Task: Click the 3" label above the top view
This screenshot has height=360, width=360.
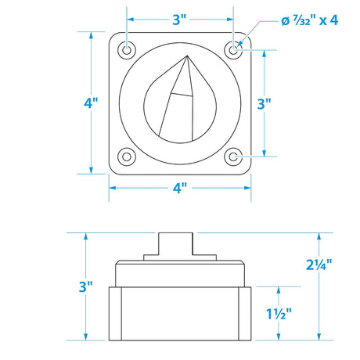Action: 180,18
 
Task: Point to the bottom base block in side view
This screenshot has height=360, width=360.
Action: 180,313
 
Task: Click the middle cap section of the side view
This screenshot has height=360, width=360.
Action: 180,274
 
